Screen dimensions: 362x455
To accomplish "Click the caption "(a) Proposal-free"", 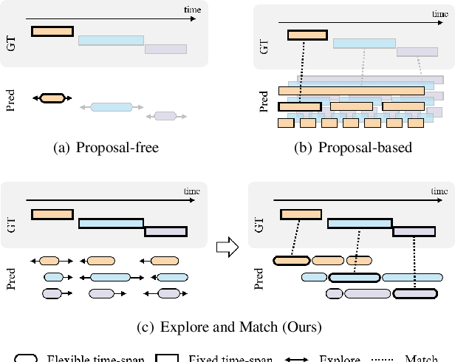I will [107, 147].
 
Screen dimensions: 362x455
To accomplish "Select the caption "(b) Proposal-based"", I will [353, 147].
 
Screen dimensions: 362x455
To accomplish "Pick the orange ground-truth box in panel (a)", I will [52, 31].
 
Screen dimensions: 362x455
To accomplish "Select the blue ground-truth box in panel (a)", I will [110, 41].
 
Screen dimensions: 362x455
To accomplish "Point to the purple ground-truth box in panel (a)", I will [165, 49].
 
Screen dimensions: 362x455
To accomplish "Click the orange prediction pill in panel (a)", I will [52, 98].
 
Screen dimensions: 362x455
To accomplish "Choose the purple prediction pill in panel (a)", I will [165, 115].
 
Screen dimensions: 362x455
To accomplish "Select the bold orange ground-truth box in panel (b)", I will [307, 35].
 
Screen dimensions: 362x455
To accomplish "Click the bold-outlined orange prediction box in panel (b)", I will [299, 107].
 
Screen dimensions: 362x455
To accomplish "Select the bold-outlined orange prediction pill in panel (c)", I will [292, 260].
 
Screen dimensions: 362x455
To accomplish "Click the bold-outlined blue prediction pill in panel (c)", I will [355, 277].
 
